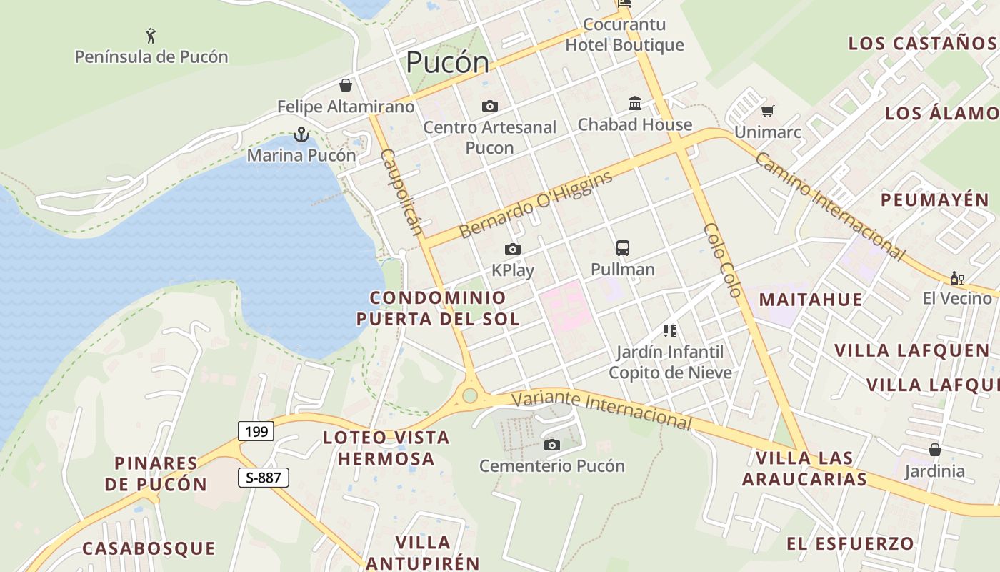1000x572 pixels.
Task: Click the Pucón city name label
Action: click(x=447, y=63)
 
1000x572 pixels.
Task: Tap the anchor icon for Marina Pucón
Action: click(x=301, y=134)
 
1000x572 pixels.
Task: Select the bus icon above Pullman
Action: click(x=623, y=248)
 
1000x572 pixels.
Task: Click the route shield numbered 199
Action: click(x=256, y=431)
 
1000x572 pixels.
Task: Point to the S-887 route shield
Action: click(x=264, y=478)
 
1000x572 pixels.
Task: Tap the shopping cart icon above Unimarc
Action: click(x=768, y=111)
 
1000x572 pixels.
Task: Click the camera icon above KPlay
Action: click(x=512, y=249)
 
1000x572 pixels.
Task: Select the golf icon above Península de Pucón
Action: click(x=151, y=35)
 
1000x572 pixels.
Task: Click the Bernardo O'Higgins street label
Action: click(x=536, y=205)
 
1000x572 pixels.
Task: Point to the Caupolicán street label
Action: click(x=401, y=192)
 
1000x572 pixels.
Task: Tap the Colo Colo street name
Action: click(x=723, y=260)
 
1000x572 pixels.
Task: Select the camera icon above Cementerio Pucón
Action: click(x=551, y=445)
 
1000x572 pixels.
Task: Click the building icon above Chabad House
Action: click(x=635, y=103)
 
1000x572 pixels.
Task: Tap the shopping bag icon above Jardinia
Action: click(x=934, y=450)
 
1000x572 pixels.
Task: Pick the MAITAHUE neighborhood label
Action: click(x=810, y=299)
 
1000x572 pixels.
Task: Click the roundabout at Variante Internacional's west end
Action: click(x=469, y=395)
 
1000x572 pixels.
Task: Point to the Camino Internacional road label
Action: click(x=830, y=206)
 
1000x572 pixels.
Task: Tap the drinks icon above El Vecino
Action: click(x=956, y=277)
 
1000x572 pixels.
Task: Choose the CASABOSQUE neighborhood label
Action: click(x=149, y=548)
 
